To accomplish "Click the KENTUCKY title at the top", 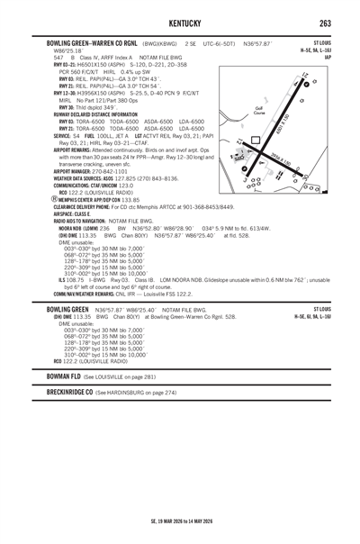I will click(180, 22).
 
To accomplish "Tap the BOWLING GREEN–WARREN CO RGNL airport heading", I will click(92, 42).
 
